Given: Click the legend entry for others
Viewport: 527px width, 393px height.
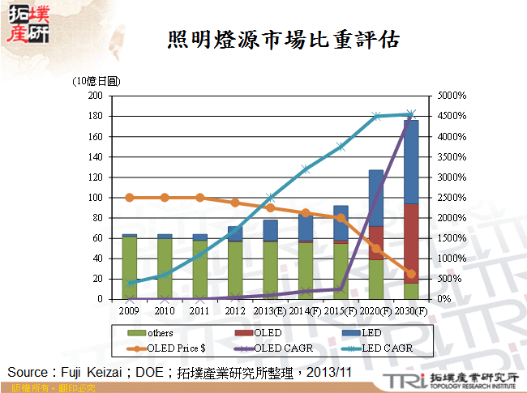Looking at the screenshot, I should click(x=160, y=333).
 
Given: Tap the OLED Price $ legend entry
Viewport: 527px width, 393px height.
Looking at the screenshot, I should click(x=170, y=347).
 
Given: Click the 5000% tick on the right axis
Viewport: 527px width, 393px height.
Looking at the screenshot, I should click(x=452, y=96).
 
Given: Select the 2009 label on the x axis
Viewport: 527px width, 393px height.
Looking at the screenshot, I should click(x=130, y=311).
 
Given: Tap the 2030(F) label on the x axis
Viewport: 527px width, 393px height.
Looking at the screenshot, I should click(x=410, y=311).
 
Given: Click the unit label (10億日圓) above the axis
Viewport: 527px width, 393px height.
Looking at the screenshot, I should click(x=96, y=81).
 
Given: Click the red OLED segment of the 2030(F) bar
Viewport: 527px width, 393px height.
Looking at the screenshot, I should click(x=411, y=243).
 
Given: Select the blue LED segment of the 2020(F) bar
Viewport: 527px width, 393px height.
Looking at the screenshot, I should click(x=376, y=198).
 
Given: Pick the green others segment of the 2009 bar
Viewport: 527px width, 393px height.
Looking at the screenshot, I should click(x=130, y=267).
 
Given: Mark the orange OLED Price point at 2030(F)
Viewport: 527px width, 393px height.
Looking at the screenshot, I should click(x=411, y=274).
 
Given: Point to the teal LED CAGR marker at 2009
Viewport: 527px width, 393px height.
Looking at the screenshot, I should click(x=130, y=283).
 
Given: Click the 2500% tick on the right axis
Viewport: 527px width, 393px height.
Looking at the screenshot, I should click(x=452, y=197).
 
